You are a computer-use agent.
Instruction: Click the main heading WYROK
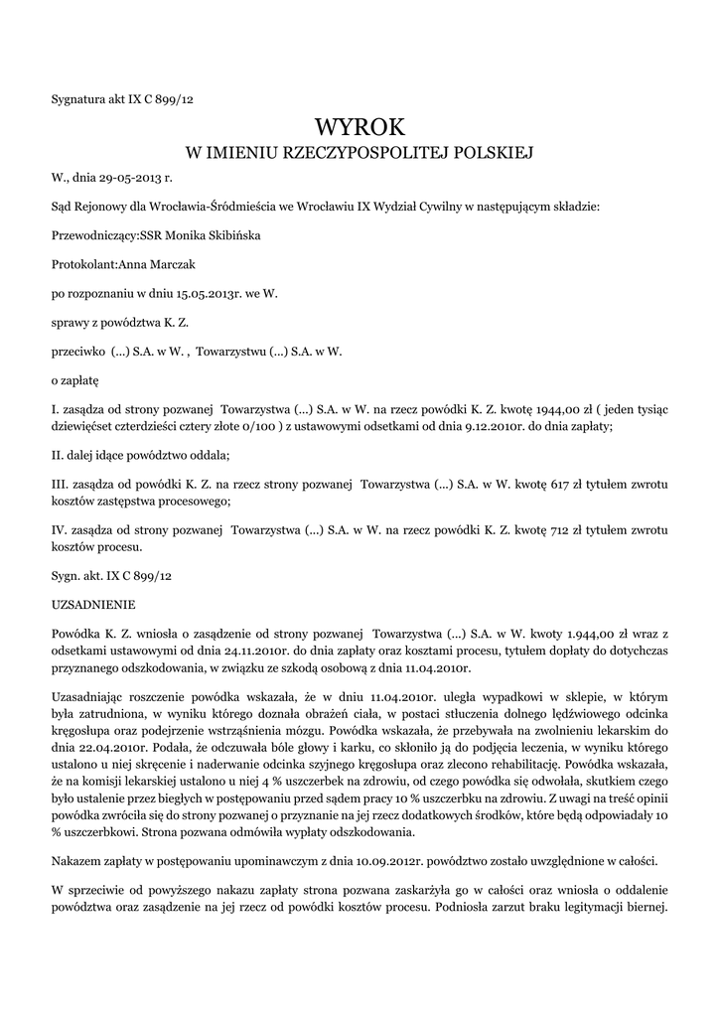pos(360,127)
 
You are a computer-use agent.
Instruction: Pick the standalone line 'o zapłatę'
pos(74,379)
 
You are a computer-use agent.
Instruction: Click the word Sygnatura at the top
pos(79,98)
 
